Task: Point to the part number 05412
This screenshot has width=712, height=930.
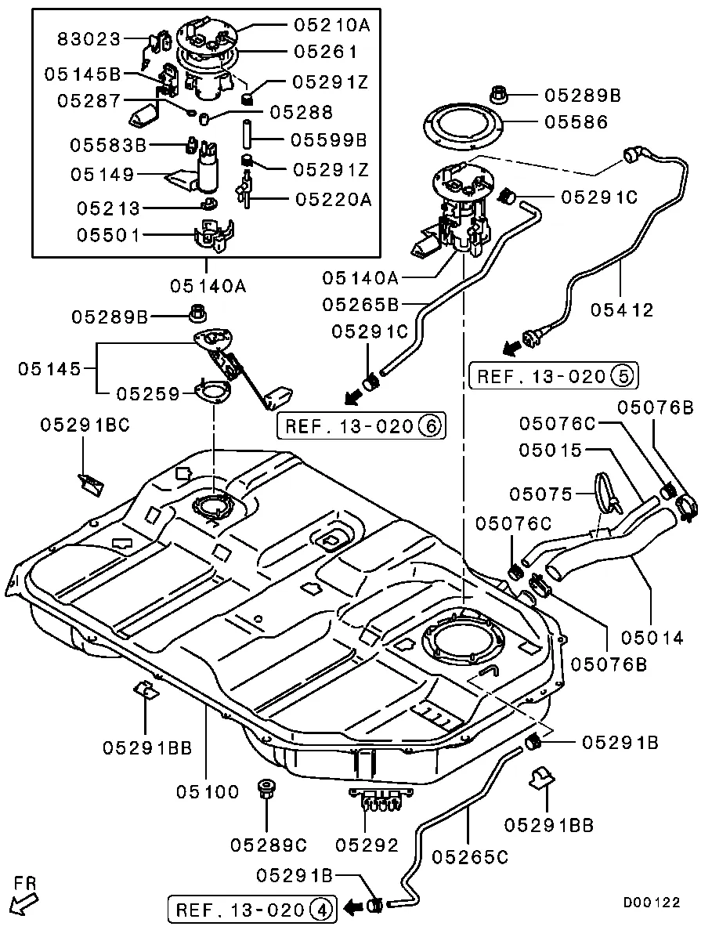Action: coord(623,309)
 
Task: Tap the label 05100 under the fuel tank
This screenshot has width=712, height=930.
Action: coord(206,792)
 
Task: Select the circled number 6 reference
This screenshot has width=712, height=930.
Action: coord(428,426)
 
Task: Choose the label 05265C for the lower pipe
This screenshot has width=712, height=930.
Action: coord(469,858)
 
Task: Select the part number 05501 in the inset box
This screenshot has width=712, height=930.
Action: coord(108,235)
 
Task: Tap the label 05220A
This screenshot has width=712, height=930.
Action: coord(333,200)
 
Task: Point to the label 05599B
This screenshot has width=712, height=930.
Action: coord(328,140)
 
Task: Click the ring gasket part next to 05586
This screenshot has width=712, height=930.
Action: coord(461,125)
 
